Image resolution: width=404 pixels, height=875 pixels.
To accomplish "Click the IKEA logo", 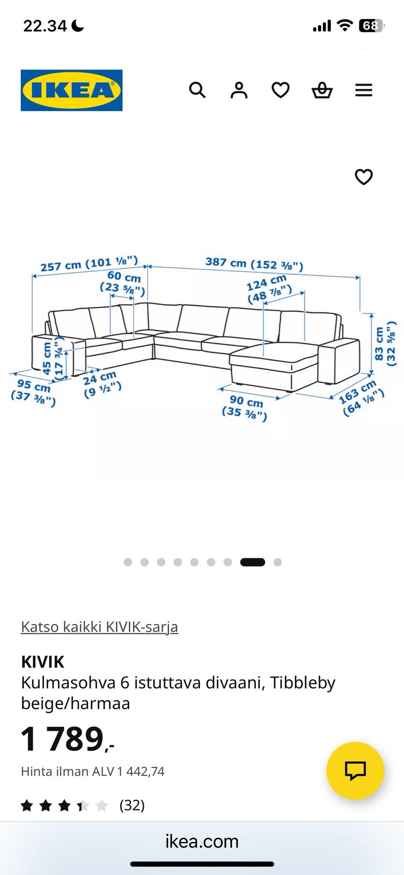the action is coord(72,90).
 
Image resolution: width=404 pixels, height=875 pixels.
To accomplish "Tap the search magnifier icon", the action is coord(197,90).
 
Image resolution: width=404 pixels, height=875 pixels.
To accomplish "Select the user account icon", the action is coord(239,90).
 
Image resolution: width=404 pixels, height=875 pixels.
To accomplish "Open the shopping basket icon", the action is coord(322,90).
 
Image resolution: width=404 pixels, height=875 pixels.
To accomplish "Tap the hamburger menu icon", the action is coord(364,90).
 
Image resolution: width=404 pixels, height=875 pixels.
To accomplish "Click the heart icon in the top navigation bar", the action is coord(280,90).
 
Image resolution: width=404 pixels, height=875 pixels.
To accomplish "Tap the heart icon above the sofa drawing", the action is coord(364,177).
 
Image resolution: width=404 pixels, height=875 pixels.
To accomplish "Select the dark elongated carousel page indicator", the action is coord(252,562).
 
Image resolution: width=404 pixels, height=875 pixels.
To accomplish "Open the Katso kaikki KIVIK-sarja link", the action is coord(100,627).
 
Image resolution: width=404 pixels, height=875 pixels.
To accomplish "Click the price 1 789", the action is coord(67,739).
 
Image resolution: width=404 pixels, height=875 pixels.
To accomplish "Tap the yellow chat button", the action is coord(355,771).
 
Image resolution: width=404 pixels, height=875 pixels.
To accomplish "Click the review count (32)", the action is coord(132,805).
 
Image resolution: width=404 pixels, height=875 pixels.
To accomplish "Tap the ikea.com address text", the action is coord(202,841).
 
